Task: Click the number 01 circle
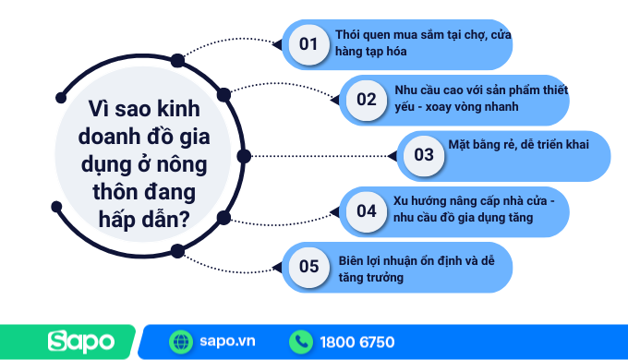coord(308,44)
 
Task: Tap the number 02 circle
coord(367,100)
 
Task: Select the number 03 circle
coord(423,155)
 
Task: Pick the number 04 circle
coord(367,210)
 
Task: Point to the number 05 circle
coord(308,267)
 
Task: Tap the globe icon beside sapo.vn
coord(181,342)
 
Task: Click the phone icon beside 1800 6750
coord(301,342)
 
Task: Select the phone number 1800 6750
coord(357,342)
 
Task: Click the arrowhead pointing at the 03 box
coord(392,156)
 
